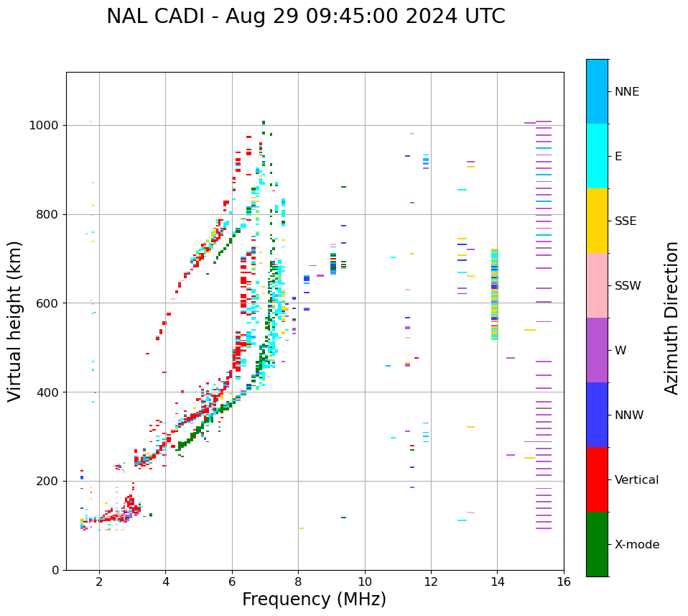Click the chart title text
click(305, 17)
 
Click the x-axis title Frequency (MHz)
click(314, 599)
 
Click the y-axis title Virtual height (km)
click(15, 321)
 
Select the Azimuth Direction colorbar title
click(671, 318)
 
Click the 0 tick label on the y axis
click(55, 570)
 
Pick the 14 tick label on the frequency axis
click(497, 581)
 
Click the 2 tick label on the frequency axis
click(99, 581)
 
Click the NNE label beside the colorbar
click(626, 92)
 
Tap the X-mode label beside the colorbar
click(636, 545)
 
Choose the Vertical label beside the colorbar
click(636, 480)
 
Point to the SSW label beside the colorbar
click(628, 286)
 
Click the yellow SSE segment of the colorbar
click(597, 221)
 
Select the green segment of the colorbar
click(597, 544)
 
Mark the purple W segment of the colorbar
click(597, 350)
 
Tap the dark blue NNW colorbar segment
click(597, 415)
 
